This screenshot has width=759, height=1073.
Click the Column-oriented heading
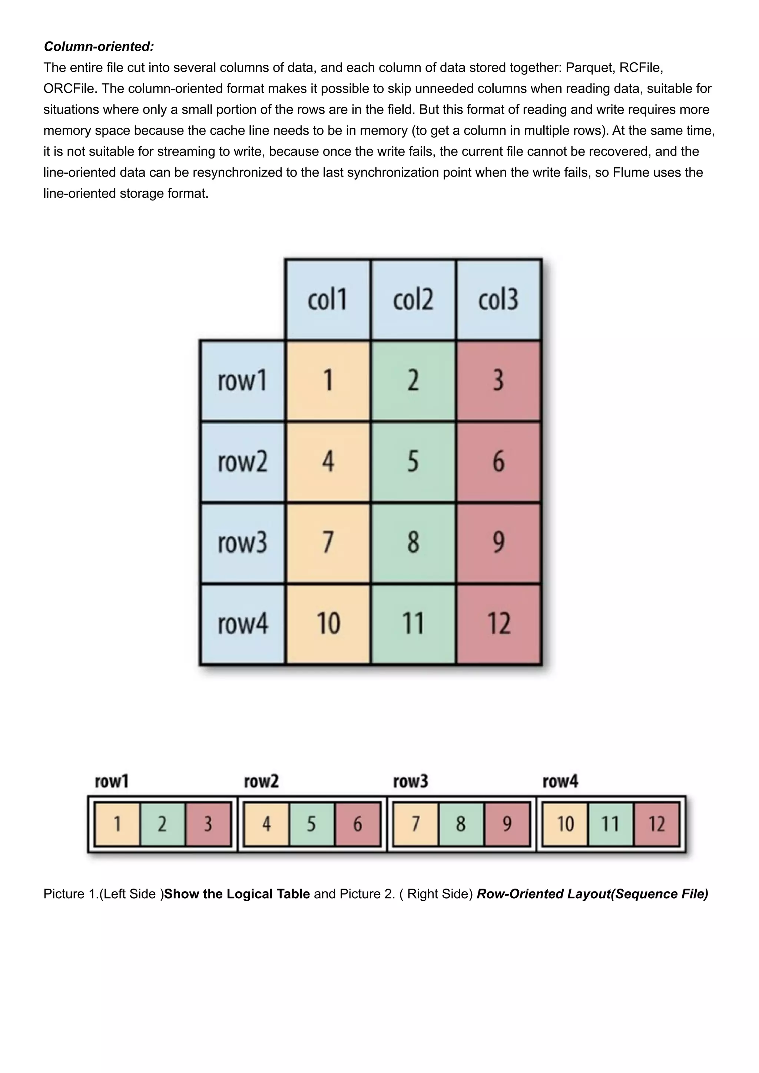click(99, 47)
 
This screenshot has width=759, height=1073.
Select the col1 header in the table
click(327, 300)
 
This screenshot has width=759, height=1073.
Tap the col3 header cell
click(498, 300)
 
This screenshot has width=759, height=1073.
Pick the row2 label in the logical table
click(242, 462)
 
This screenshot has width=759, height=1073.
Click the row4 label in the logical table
click(242, 624)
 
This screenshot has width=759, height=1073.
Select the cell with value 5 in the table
click(413, 462)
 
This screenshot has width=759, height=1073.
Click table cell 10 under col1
click(328, 624)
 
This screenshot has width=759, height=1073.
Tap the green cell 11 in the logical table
click(413, 624)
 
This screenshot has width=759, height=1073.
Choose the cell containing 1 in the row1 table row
click(328, 380)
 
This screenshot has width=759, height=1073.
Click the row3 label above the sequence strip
click(410, 781)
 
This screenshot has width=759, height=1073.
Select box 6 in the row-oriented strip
click(358, 824)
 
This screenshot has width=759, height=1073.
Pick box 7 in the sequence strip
click(415, 824)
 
